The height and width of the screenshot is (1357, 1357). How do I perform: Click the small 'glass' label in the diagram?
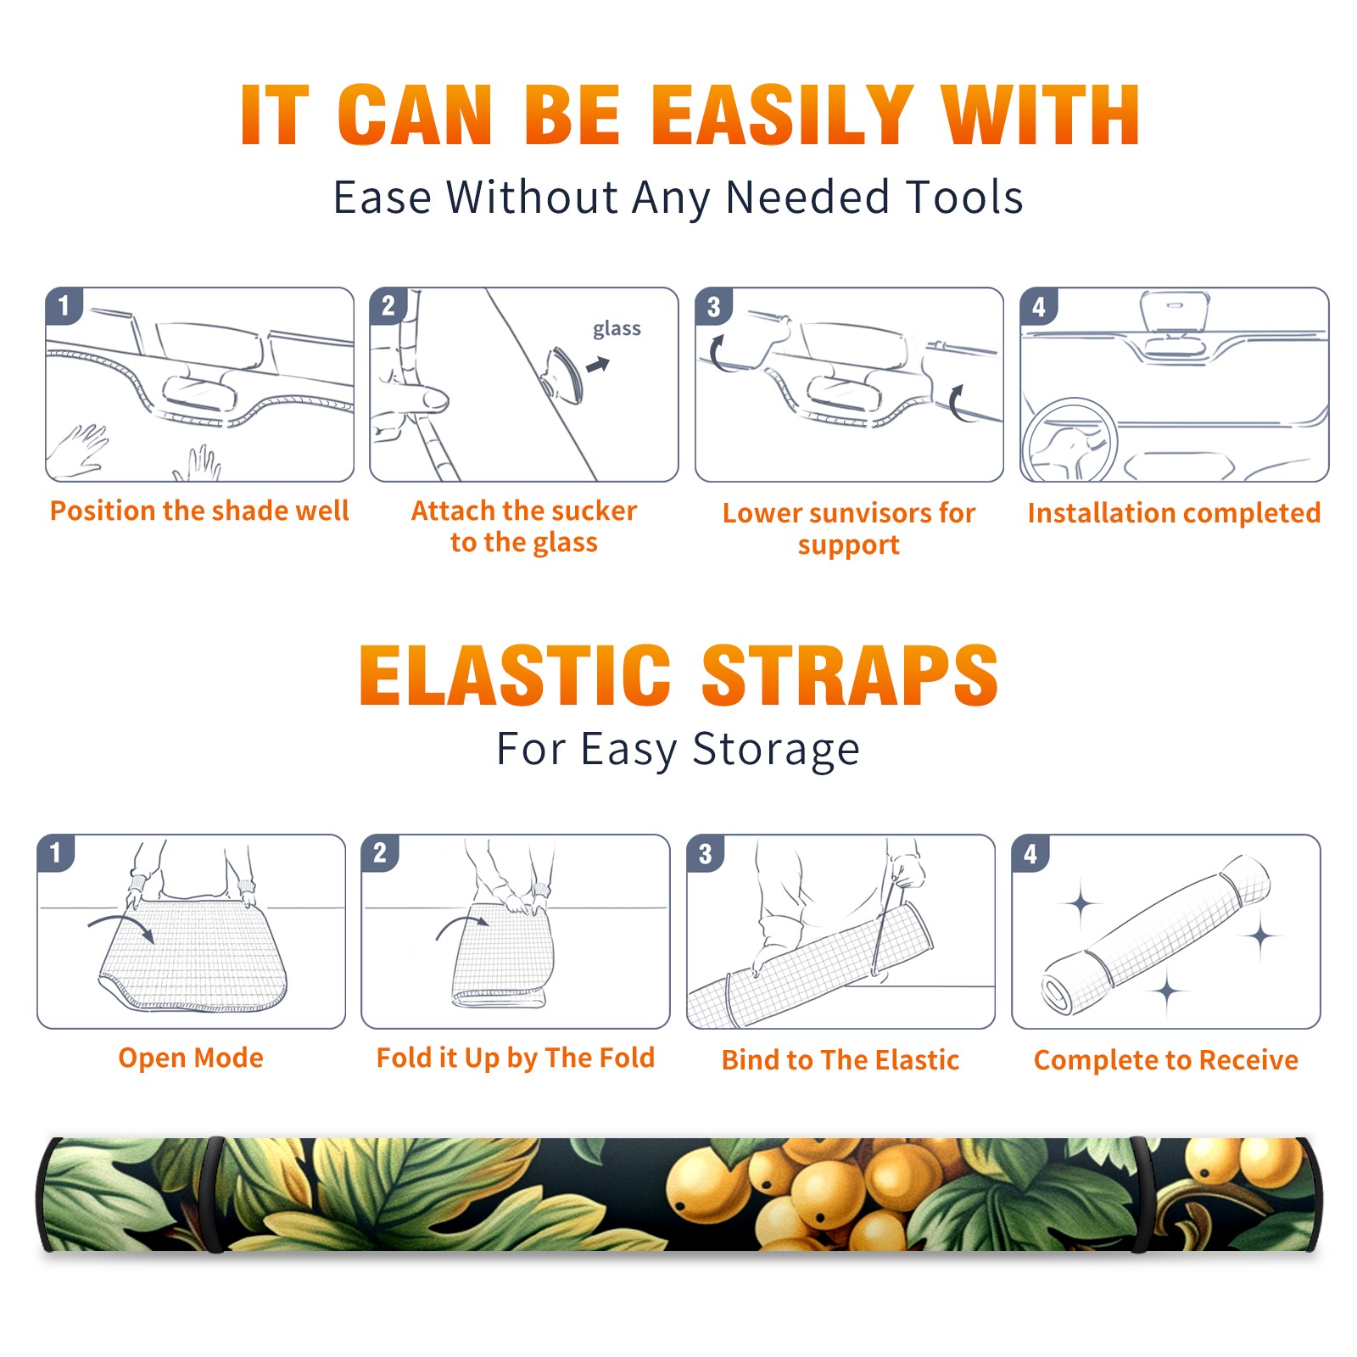(617, 329)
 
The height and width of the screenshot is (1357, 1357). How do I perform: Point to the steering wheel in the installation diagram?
(1069, 438)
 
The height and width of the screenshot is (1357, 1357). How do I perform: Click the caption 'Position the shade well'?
(199, 511)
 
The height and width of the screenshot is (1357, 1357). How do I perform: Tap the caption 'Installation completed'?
(1174, 512)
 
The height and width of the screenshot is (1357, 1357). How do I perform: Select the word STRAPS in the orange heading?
(850, 675)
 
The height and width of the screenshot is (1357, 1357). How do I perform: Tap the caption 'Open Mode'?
(191, 1058)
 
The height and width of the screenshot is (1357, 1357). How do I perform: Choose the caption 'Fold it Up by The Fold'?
(516, 1058)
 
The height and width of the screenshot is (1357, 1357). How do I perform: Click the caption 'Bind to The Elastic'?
(840, 1060)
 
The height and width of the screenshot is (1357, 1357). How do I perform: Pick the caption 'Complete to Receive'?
(1166, 1060)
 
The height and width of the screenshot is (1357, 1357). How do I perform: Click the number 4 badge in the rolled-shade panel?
(1030, 853)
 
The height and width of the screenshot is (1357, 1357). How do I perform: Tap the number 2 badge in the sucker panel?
(388, 305)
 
